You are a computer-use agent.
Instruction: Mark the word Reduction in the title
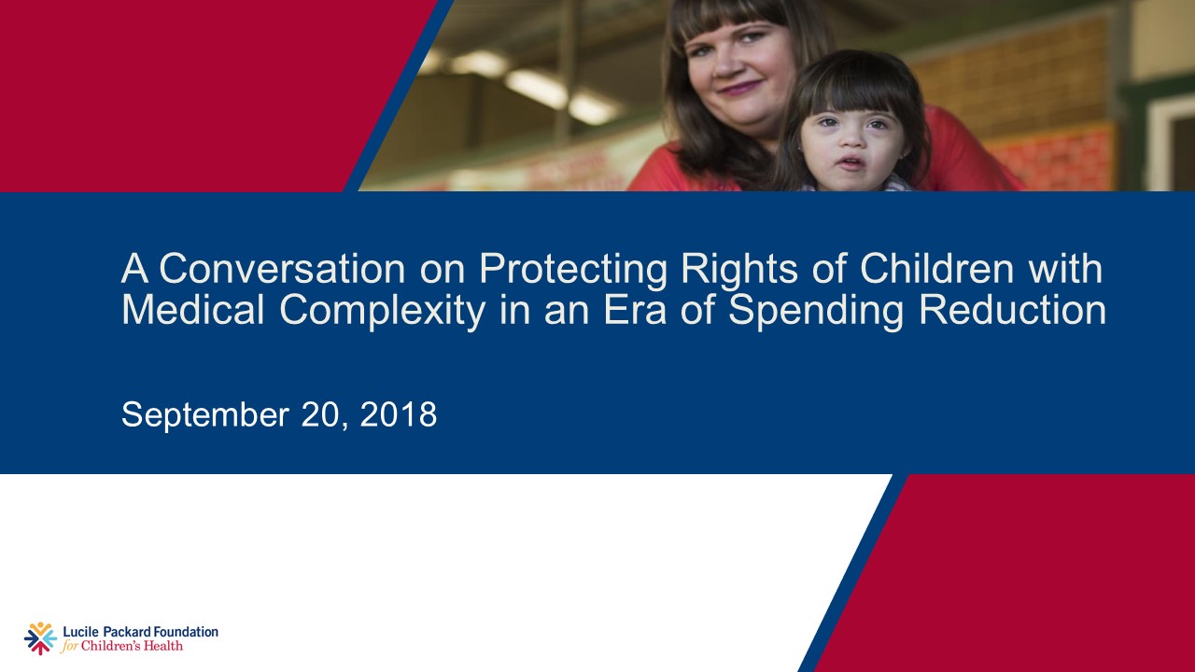click(1012, 311)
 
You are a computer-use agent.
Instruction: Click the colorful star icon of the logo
click(40, 638)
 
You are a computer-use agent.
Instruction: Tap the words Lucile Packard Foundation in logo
click(140, 632)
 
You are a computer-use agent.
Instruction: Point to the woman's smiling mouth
click(739, 89)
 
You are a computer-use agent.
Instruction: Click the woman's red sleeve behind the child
click(962, 154)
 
